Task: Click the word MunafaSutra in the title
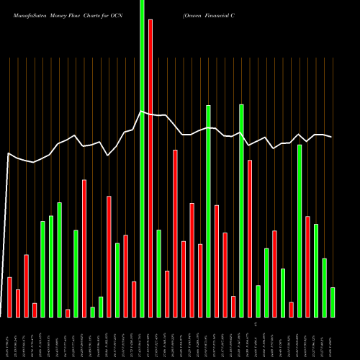[x=28, y=14]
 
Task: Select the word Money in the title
[x=63, y=14]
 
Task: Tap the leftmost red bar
[x=9, y=297]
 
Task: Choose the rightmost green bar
[x=333, y=302]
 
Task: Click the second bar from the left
[x=18, y=303]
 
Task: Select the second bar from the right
[x=324, y=287]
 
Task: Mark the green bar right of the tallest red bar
[x=158, y=273]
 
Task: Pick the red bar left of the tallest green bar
[x=134, y=299]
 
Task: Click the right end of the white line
[x=331, y=137]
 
